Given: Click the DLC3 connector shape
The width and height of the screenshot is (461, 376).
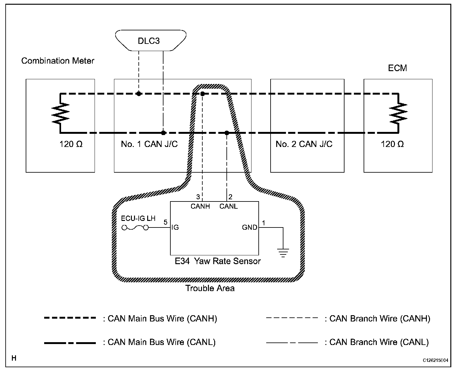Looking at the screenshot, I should click(150, 40).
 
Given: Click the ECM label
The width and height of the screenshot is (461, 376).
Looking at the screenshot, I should click(397, 68).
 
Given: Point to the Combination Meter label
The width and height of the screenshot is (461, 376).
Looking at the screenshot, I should click(58, 61).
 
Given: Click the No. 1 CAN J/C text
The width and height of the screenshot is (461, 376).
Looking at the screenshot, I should click(149, 144).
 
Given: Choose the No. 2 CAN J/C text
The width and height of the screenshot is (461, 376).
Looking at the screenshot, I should click(304, 144).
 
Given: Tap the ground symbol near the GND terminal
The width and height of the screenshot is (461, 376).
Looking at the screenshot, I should click(283, 252).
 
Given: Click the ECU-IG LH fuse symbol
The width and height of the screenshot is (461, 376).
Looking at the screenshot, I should click(135, 228).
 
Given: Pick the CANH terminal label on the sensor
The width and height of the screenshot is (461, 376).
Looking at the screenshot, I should click(200, 206).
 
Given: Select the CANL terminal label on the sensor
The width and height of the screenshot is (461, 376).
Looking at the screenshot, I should click(229, 206).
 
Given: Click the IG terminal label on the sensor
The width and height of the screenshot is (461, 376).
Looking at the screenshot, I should click(175, 227).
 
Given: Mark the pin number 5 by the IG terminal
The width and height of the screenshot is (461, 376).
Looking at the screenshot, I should click(165, 222).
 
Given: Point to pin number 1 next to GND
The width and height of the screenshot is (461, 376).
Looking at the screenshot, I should click(264, 223).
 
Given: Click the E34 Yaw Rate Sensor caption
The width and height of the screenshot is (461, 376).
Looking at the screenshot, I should click(218, 261).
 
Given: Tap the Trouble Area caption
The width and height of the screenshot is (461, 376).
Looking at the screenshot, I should click(210, 288).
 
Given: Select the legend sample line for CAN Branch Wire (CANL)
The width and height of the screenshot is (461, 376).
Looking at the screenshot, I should click(292, 342).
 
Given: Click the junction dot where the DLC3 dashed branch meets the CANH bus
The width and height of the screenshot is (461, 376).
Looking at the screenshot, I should click(138, 94).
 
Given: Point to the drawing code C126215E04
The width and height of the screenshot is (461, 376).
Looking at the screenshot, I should click(435, 360).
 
